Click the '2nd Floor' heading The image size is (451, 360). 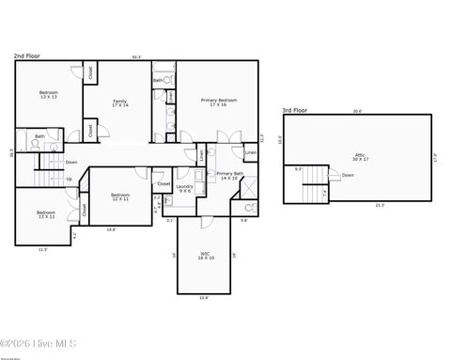tap(25, 56)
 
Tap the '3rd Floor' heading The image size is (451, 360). tap(295, 110)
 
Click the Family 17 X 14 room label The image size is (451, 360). tap(119, 102)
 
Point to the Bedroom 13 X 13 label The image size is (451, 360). tap(48, 94)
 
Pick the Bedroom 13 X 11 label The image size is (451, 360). tap(46, 214)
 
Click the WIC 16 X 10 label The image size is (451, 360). tap(205, 255)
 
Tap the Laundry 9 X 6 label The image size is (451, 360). tap(184, 188)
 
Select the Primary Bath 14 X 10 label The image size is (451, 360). tap(230, 175)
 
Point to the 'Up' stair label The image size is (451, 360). tap(68, 179)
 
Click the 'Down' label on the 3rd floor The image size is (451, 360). tap(348, 175)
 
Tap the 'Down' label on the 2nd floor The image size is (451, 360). tap(71, 162)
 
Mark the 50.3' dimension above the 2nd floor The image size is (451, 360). tap(136, 57)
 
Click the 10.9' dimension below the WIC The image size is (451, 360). tap(204, 298)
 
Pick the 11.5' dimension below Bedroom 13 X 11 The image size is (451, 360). tap(42, 249)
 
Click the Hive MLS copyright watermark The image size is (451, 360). tap(39, 344)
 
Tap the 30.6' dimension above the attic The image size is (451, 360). tap(356, 111)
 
